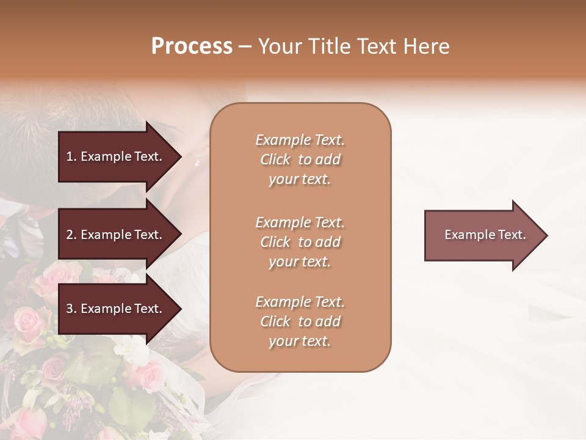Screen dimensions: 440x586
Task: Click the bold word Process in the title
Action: [x=192, y=46]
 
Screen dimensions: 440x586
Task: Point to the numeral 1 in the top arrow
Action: [x=70, y=156]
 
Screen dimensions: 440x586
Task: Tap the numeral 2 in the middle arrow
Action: [x=70, y=235]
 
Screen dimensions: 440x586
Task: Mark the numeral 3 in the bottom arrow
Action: [x=70, y=309]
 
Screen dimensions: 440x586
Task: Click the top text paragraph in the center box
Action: [x=300, y=159]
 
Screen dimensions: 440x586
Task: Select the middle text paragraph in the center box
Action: [x=300, y=242]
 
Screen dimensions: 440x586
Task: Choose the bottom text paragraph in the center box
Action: [x=300, y=321]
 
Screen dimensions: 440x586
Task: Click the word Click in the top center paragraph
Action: [x=275, y=159]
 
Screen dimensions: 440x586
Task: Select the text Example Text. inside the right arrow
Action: [x=485, y=235]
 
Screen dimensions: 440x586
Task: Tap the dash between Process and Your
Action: [x=245, y=46]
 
